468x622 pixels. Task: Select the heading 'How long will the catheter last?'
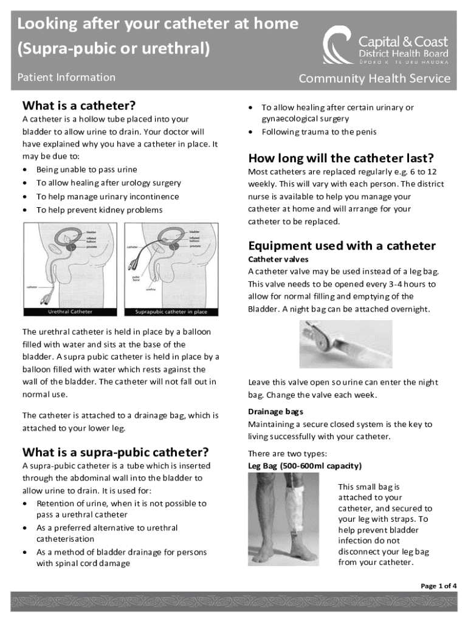(340, 159)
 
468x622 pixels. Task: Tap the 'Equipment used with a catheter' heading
(342, 245)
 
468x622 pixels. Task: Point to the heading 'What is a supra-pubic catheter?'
(115, 452)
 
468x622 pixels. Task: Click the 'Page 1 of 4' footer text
(439, 586)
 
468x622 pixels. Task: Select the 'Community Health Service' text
(374, 78)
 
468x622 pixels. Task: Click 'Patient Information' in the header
(66, 77)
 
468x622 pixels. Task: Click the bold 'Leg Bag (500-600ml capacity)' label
(305, 466)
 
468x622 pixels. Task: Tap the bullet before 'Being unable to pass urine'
(24, 169)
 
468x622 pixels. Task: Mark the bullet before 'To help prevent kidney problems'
(24, 210)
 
